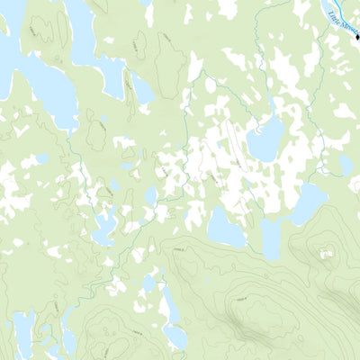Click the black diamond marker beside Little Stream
(356, 25)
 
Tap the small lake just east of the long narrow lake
(142, 90)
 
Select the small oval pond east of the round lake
(346, 165)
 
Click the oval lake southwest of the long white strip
(225, 225)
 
